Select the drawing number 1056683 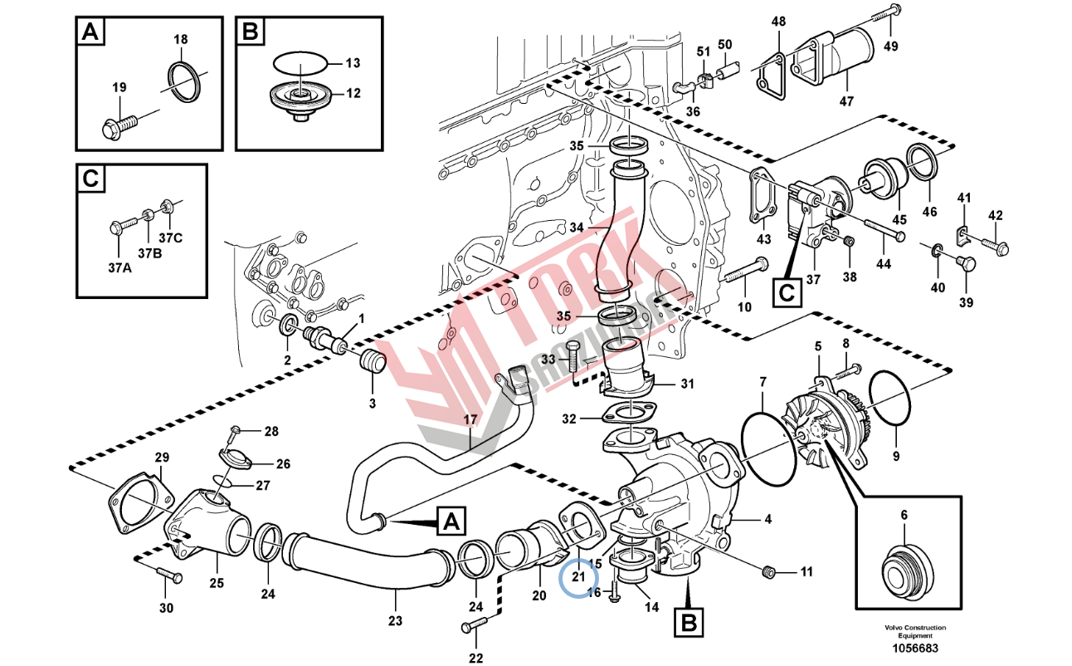914,649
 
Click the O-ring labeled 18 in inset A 185,81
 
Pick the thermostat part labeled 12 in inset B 300,97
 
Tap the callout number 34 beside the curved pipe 577,228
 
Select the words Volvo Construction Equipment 914,631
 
